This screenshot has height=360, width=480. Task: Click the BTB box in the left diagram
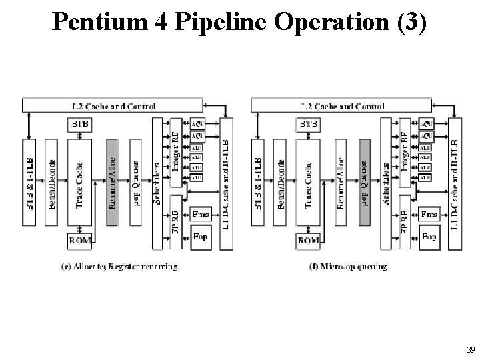pos(80,124)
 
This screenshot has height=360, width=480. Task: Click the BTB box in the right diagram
pos(308,124)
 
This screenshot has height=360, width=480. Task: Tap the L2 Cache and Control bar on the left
pos(113,105)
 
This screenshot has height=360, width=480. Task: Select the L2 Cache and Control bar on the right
pos(341,105)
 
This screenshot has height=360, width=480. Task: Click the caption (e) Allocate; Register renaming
pos(119,267)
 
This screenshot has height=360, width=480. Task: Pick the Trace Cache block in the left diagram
pos(80,183)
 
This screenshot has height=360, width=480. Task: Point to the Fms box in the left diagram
pos(200,214)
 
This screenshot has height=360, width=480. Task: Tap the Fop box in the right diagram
pos(429,237)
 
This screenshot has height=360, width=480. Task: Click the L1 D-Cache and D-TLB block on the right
pos(456,183)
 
